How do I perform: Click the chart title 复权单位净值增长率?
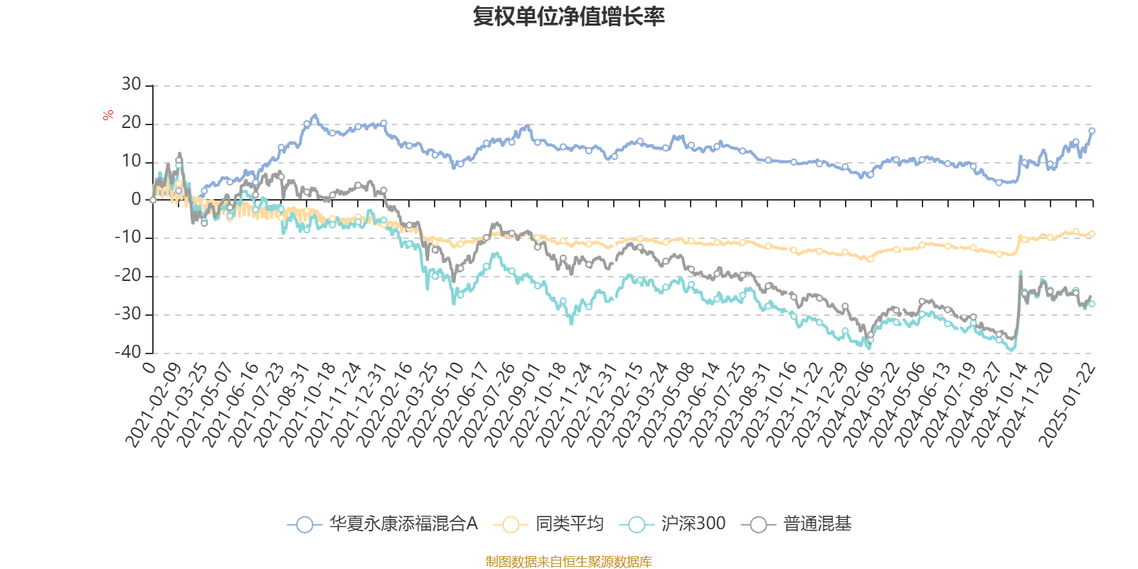[568, 16]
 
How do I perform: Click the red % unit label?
[108, 115]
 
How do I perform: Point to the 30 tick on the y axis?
[131, 85]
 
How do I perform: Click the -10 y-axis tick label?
[128, 238]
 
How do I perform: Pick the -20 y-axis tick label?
[128, 276]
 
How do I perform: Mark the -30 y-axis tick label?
[128, 314]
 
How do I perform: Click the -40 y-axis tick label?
[128, 352]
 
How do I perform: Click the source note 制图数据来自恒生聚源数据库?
[568, 562]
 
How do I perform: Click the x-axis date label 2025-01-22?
[1069, 403]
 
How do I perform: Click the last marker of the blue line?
[1092, 131]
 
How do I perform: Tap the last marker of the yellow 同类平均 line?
[1092, 234]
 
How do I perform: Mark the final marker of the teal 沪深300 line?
[1092, 304]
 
